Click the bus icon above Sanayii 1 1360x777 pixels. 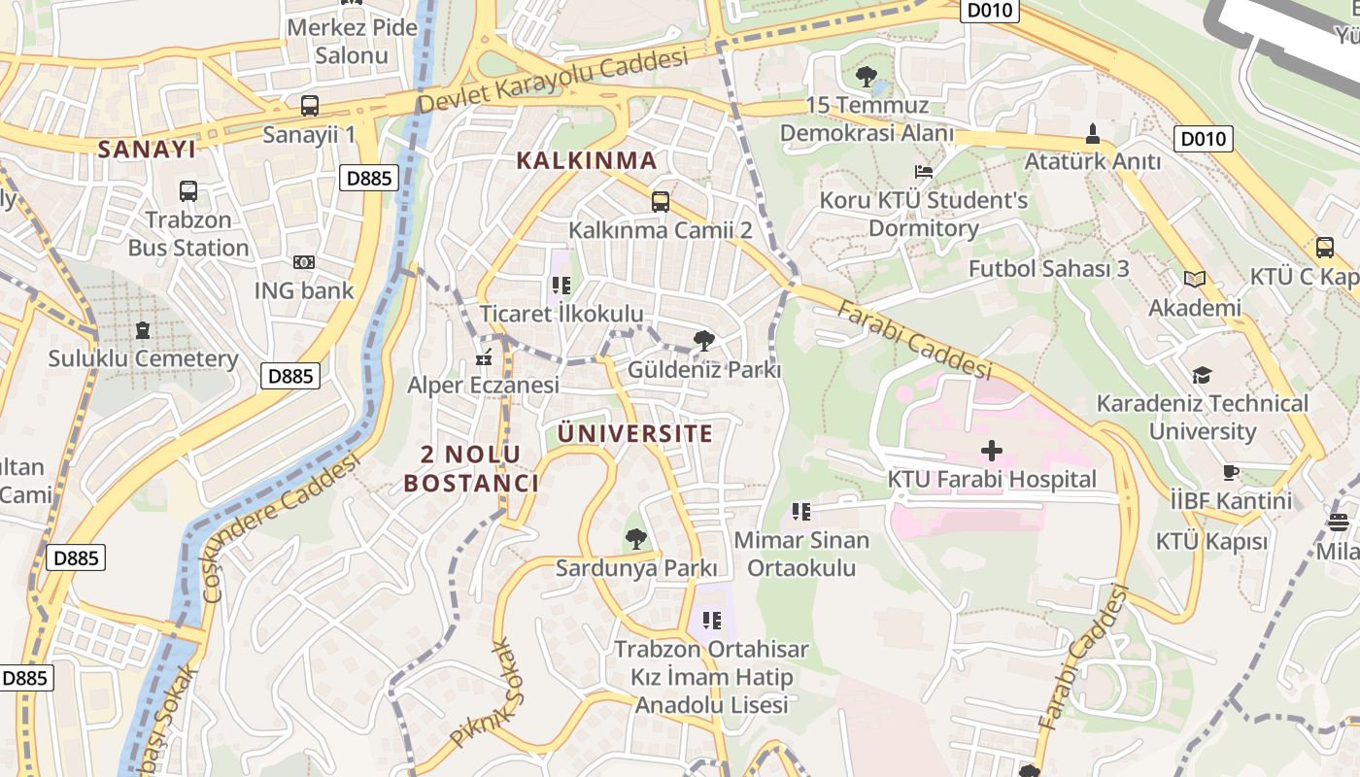click(x=310, y=106)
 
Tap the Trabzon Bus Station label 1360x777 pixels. click(x=188, y=234)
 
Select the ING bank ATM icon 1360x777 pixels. click(x=304, y=262)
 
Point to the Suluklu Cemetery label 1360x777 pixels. click(x=144, y=358)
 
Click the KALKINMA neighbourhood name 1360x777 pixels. click(x=587, y=160)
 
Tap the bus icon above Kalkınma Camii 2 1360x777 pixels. click(x=661, y=202)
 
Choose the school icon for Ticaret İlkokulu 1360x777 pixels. click(x=561, y=286)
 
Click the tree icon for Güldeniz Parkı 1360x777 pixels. click(x=704, y=341)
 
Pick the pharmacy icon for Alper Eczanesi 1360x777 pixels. click(x=484, y=358)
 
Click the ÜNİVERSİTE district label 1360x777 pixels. click(x=635, y=433)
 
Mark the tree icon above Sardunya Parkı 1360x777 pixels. click(x=636, y=538)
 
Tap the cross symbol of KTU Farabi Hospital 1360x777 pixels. click(x=992, y=451)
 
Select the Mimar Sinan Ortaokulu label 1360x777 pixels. click(x=801, y=554)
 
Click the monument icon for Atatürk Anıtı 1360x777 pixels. click(x=1093, y=133)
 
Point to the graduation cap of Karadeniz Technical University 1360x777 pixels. click(x=1202, y=375)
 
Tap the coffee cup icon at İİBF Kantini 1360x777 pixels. click(x=1231, y=473)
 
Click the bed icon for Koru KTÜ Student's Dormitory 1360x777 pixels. click(x=924, y=172)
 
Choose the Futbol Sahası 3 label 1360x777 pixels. click(x=1049, y=268)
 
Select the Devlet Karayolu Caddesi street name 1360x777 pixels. click(x=554, y=82)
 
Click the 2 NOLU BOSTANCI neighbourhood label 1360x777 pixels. click(x=471, y=468)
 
